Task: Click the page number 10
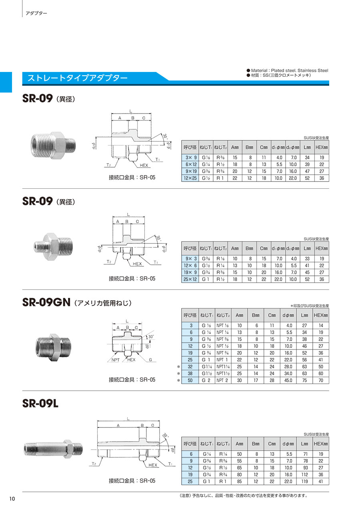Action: tap(12, 499)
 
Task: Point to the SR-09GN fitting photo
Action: tap(54, 345)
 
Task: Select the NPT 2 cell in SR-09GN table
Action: tap(222, 380)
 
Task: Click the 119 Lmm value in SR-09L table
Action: tap(304, 481)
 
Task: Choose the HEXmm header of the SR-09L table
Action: tap(321, 444)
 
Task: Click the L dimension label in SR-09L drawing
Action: tap(128, 419)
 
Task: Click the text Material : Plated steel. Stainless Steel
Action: tap(289, 70)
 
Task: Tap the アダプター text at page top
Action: tap(36, 13)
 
